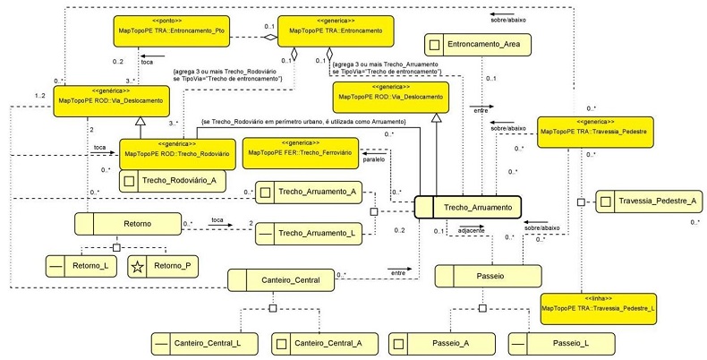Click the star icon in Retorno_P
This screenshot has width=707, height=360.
[137, 265]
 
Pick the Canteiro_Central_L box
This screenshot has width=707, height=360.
[202, 342]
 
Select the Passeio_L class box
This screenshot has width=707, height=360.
[559, 342]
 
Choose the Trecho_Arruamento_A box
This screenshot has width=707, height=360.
[308, 193]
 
